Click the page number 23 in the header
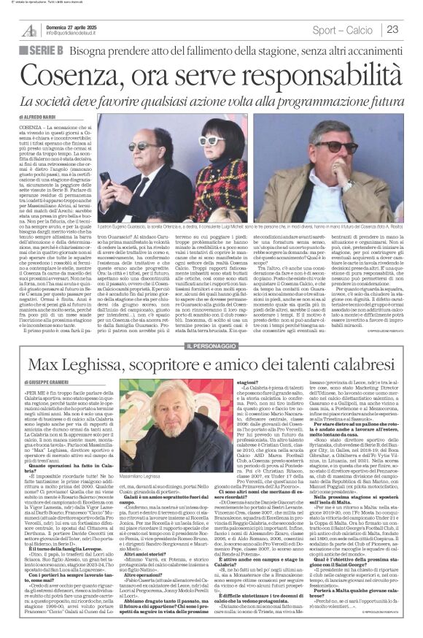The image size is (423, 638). [x=412, y=29]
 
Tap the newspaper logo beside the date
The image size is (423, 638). [x=29, y=28]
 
